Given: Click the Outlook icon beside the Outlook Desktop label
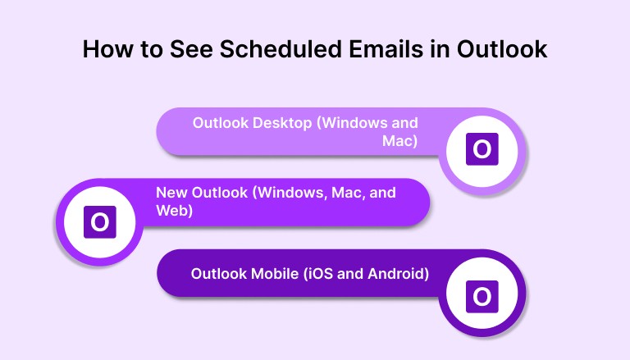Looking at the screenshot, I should tap(482, 149).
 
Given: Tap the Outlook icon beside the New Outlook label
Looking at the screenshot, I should tap(100, 221).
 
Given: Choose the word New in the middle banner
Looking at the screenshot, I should tap(171, 193).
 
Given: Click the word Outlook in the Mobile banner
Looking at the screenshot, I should tap(217, 273).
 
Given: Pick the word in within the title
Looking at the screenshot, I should tap(451, 50).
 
